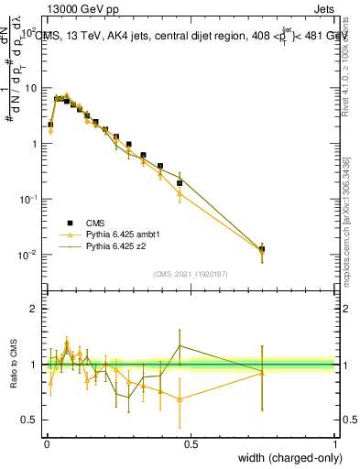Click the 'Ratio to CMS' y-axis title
(15, 365)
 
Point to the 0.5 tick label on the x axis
(191, 442)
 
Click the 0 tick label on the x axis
(47, 442)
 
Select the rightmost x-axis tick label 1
(335, 442)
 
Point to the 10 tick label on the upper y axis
(29, 88)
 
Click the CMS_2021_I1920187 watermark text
(191, 274)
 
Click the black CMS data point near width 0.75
(262, 249)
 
